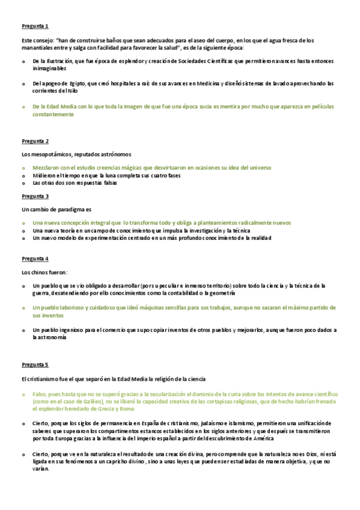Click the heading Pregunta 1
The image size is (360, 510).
(x=35, y=26)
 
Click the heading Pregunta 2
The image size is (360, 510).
(x=35, y=141)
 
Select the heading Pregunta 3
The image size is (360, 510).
(x=35, y=196)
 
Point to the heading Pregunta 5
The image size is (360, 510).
(x=35, y=364)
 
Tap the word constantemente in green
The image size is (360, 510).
(x=53, y=114)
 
